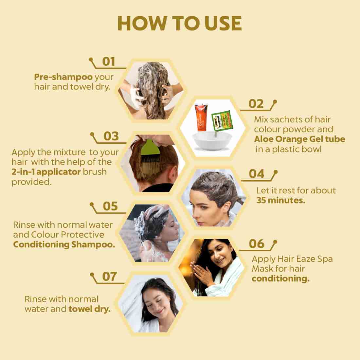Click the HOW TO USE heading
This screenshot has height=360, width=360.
point(179,24)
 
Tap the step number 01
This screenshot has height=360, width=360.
point(109,62)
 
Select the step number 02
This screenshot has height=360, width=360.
point(256,104)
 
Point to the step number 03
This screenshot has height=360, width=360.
point(111,136)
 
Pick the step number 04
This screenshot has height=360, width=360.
point(256,174)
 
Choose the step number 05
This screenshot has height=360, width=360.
point(110,207)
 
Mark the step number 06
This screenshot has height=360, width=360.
point(256,244)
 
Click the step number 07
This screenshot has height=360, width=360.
point(109,277)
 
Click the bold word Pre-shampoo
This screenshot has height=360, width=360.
point(63,77)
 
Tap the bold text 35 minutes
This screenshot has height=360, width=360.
point(280,200)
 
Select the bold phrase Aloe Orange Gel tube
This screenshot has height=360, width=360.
point(299,139)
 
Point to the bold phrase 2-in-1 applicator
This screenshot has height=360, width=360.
point(46,172)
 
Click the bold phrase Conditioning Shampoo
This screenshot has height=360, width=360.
point(64,244)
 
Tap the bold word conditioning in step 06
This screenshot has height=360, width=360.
point(280,279)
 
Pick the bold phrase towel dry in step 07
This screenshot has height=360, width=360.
point(89,309)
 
